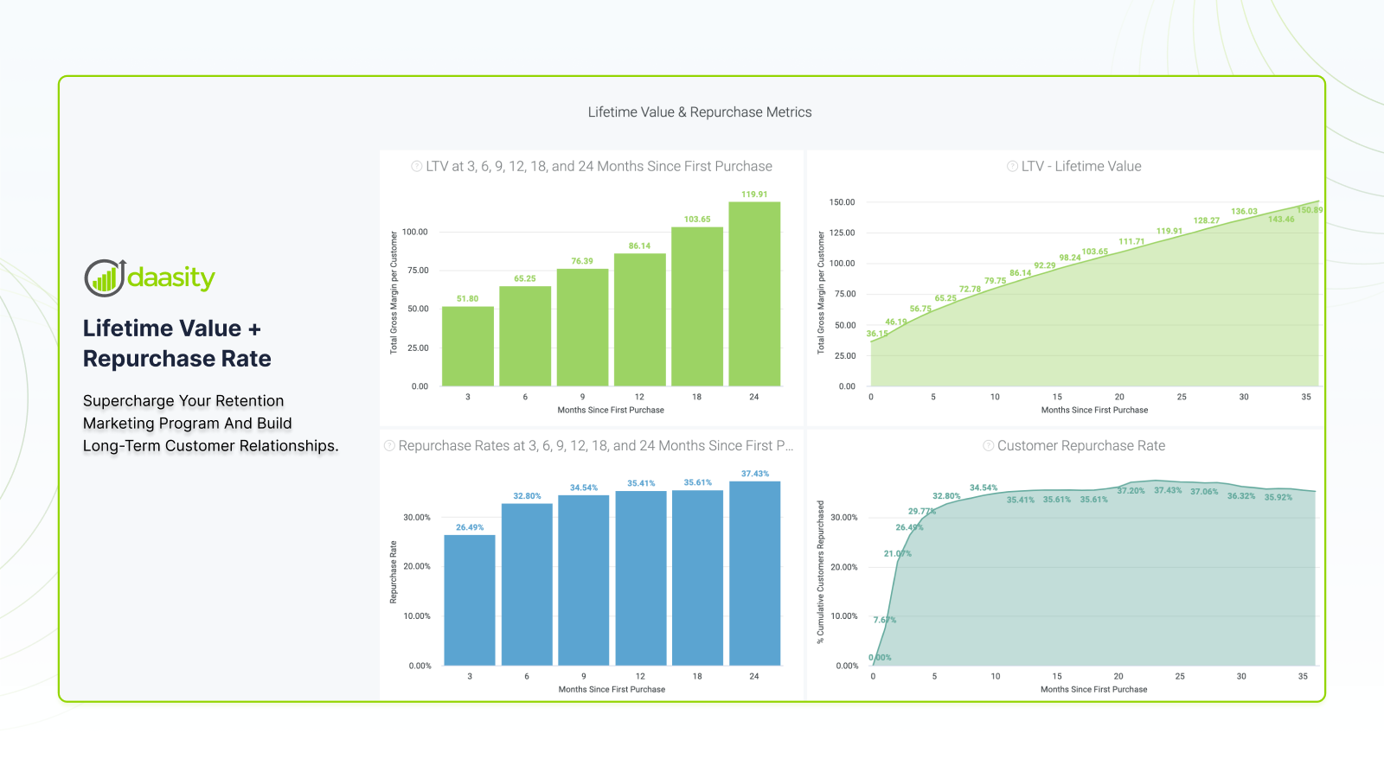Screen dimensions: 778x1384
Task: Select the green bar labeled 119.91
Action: coord(754,294)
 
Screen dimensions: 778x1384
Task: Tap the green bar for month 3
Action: coord(468,346)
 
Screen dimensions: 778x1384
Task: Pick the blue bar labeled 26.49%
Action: coord(470,600)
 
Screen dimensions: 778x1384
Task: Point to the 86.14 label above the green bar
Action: coord(639,246)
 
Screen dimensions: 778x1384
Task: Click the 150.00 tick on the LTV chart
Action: coord(842,202)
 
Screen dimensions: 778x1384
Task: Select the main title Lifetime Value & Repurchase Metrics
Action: coord(700,112)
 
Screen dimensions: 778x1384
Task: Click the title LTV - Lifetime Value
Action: coord(1081,166)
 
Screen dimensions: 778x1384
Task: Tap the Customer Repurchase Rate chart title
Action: coord(1081,446)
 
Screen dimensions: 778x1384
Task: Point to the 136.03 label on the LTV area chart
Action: coord(1244,212)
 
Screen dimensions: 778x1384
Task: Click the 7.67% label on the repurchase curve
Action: coord(885,620)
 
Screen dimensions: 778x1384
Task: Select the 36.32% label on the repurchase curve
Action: coord(1241,496)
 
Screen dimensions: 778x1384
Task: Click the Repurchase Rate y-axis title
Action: coord(394,572)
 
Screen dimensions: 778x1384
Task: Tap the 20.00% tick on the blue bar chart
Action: coord(417,566)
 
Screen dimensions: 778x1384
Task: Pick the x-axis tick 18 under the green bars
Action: coord(697,397)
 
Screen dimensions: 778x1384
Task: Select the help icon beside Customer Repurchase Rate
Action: coord(988,446)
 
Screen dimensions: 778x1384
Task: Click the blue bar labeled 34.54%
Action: coord(584,580)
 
